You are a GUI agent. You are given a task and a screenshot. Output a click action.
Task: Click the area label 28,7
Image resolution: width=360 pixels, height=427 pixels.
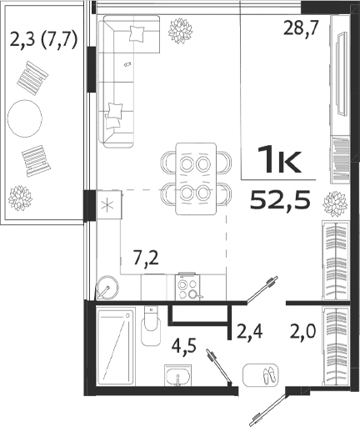click(x=302, y=28)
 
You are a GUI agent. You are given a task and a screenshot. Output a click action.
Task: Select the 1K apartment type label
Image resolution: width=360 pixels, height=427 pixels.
click(x=279, y=159)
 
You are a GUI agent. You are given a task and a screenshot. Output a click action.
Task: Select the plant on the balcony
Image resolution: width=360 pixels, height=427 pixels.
click(x=20, y=198)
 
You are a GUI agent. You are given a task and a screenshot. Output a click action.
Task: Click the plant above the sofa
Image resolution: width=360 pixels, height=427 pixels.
click(x=178, y=32)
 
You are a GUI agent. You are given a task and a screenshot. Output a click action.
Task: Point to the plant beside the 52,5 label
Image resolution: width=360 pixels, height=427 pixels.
click(x=334, y=203)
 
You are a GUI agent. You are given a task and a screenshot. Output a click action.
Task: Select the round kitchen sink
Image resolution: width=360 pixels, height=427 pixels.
click(x=106, y=288)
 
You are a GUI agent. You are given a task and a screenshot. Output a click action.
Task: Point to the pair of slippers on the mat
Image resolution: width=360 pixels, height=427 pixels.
click(x=266, y=374)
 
